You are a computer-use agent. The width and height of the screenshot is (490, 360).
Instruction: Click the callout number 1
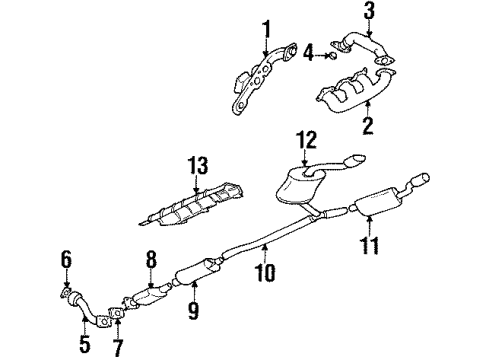click(266, 26)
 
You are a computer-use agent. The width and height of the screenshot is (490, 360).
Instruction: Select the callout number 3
click(370, 13)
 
